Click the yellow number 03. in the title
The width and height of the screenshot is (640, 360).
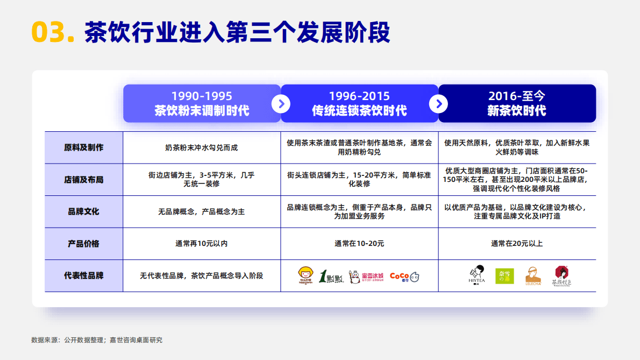pos(53,32)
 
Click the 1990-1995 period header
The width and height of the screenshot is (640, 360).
pos(202,103)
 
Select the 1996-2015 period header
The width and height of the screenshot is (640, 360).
pos(359,103)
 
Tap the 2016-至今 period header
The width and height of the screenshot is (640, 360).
pos(517,103)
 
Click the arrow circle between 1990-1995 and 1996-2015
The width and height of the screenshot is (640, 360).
pos(281,103)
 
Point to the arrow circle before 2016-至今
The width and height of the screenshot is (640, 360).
pos(439,103)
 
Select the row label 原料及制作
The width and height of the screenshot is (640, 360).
pos(83,147)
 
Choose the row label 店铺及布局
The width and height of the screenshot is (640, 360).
pos(83,179)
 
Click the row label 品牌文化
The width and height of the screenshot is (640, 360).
pos(83,211)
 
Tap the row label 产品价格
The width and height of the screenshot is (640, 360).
pos(83,243)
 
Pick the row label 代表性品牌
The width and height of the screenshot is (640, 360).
pos(83,276)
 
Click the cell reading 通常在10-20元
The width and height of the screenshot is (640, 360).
pos(359,243)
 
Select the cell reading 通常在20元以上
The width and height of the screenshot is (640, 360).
pos(517,243)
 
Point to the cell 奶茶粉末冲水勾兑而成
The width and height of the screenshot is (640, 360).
pos(202,147)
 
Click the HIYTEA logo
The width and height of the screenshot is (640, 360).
pos(477,276)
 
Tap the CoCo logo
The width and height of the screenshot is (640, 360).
pos(404,277)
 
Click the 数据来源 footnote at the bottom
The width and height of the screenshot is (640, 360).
pos(97,340)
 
